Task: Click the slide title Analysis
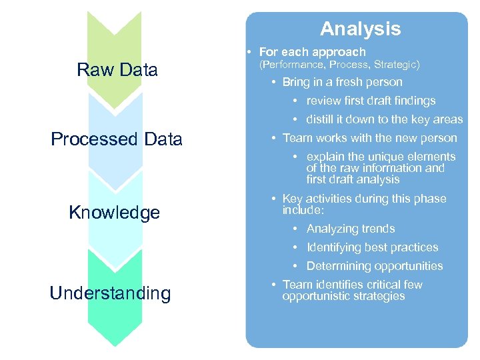pos(360,29)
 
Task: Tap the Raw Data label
pos(117,69)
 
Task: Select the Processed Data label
pos(117,139)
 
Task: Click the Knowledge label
pos(115,213)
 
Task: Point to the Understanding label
pos(110,293)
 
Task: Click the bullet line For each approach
pos(312,51)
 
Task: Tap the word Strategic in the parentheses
pos(395,65)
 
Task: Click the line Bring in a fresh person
pos(342,82)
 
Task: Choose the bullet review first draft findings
pos(371,101)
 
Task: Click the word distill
pos(318,120)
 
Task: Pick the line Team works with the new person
pos(369,138)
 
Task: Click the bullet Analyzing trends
pos(351,229)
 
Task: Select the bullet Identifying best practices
pos(372,247)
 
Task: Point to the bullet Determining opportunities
pos(375,266)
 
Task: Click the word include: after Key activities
pos(303,210)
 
